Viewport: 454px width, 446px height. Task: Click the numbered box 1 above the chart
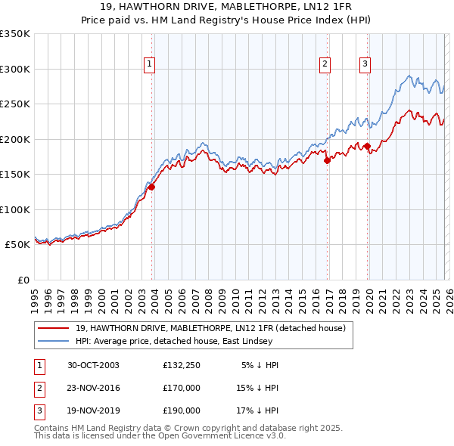coord(150,65)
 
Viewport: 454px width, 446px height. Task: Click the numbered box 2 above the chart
coord(325,65)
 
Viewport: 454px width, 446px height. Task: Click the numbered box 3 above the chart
coord(365,65)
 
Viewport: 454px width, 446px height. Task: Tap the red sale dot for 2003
coord(151,187)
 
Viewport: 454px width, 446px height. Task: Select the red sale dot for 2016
coord(327,160)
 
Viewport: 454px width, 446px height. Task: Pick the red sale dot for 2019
coord(367,146)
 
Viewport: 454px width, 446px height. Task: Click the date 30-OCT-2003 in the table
coord(93,365)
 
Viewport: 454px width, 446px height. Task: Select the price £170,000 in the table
coord(181,388)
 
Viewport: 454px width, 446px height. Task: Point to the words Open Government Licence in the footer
coord(216,436)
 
